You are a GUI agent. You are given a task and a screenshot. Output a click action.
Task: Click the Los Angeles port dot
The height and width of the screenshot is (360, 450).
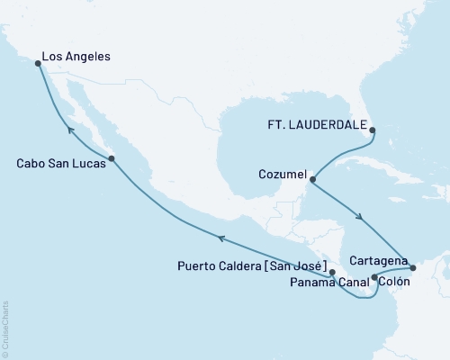(x=38, y=64)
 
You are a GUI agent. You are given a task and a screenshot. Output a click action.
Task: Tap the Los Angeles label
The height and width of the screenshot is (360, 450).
(x=78, y=57)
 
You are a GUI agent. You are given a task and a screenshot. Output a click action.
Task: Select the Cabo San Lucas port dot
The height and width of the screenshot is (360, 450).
(x=111, y=159)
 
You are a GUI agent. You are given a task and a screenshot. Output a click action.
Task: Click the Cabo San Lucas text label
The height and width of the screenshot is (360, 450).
(x=57, y=165)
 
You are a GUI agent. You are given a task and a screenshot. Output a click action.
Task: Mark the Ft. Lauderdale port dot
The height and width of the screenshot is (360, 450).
(x=375, y=129)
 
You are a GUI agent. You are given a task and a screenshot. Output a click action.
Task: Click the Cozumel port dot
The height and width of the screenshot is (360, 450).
(x=311, y=178)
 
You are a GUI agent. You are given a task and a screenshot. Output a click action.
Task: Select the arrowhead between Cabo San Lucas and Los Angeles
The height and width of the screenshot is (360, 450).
(x=68, y=128)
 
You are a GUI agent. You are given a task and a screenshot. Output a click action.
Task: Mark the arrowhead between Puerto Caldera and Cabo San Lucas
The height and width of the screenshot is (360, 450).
(x=218, y=237)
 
